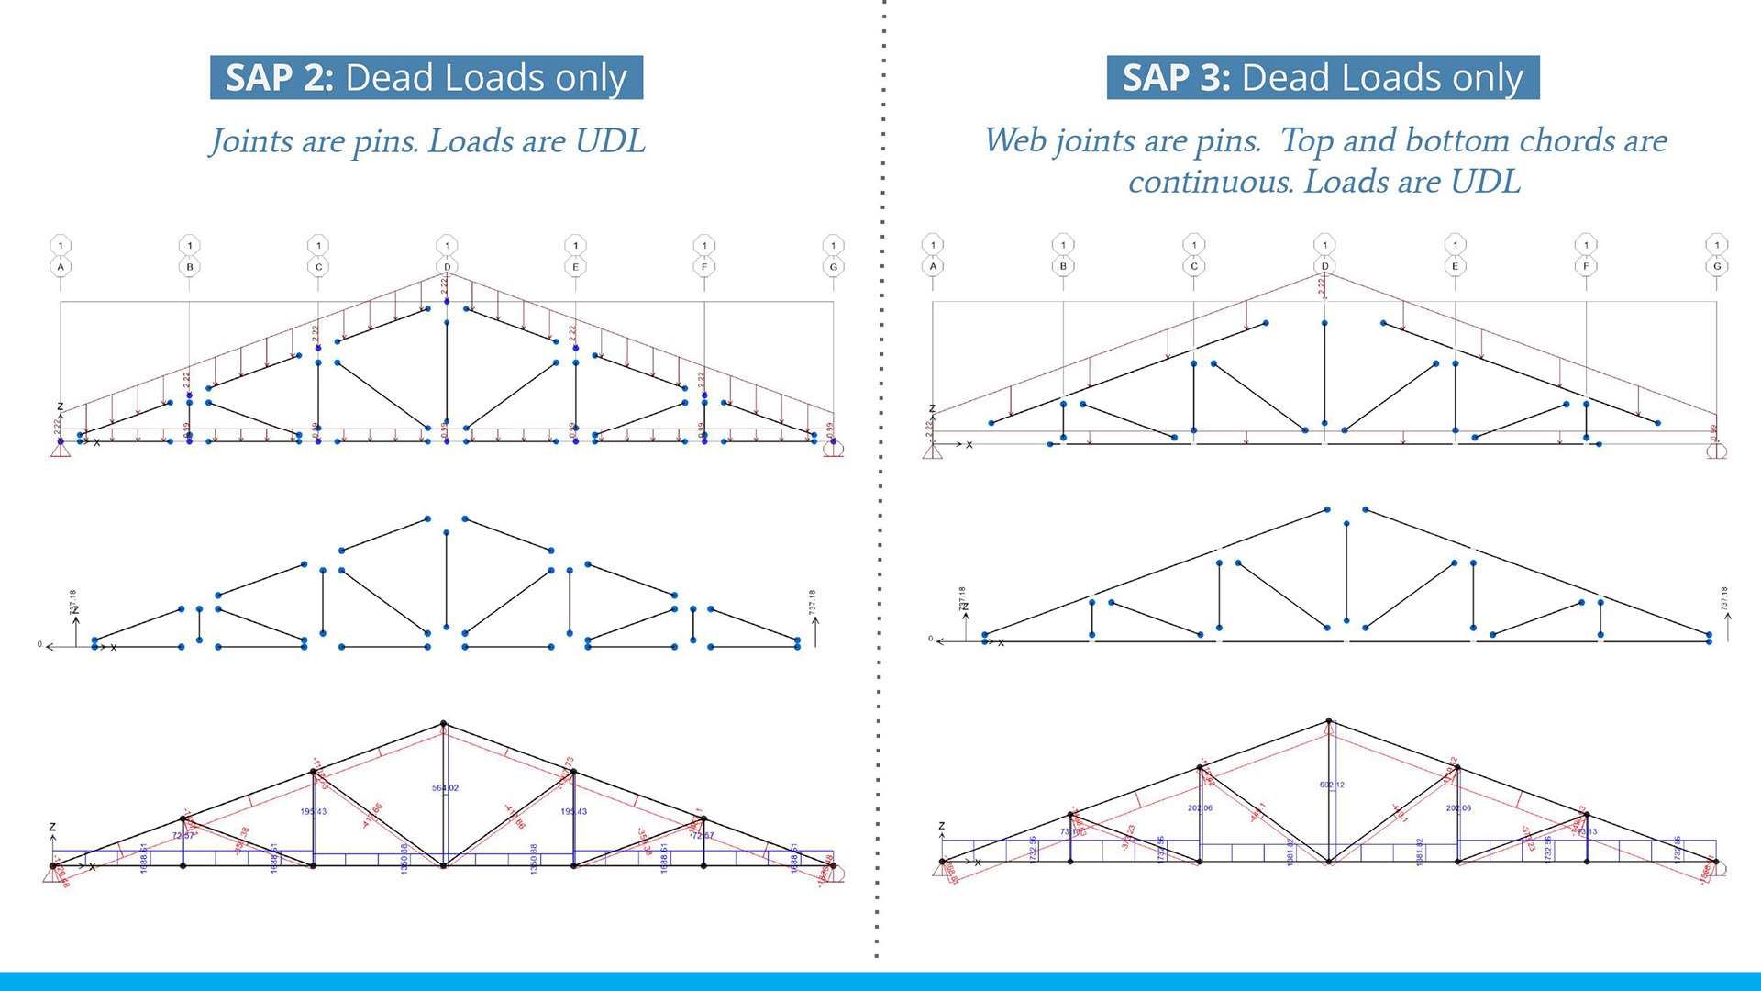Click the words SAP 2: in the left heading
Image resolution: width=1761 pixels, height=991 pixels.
(x=279, y=78)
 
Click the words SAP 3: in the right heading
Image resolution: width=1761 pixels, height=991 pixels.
(x=1176, y=78)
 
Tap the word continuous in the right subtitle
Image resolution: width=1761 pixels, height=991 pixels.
(x=1209, y=182)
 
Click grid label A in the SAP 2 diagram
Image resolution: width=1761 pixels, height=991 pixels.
(x=61, y=267)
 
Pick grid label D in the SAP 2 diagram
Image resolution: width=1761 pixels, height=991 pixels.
(x=447, y=267)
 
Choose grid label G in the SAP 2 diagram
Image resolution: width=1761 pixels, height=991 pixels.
(x=833, y=267)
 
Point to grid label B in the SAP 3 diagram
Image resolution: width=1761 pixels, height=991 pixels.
(x=1063, y=266)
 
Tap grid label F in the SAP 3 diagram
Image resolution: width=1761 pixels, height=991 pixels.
(x=1586, y=266)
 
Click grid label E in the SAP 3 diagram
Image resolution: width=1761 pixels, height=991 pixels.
(x=1455, y=266)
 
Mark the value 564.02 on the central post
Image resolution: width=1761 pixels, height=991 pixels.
(x=445, y=788)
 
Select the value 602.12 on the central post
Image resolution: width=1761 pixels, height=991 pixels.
(x=1332, y=785)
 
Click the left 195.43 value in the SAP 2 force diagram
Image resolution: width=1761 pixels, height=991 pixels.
(x=313, y=811)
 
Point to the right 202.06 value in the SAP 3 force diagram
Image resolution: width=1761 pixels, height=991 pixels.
(x=1458, y=808)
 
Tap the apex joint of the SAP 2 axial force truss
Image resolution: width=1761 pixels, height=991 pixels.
(x=444, y=724)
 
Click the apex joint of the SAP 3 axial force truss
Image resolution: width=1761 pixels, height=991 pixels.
(x=1328, y=721)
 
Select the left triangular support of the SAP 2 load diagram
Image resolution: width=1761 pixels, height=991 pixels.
(x=61, y=449)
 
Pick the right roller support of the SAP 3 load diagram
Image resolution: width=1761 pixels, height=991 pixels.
(x=1717, y=451)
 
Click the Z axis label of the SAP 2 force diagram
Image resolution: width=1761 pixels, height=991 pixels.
(x=52, y=827)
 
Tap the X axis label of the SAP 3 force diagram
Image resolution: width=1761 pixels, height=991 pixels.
(x=978, y=863)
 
